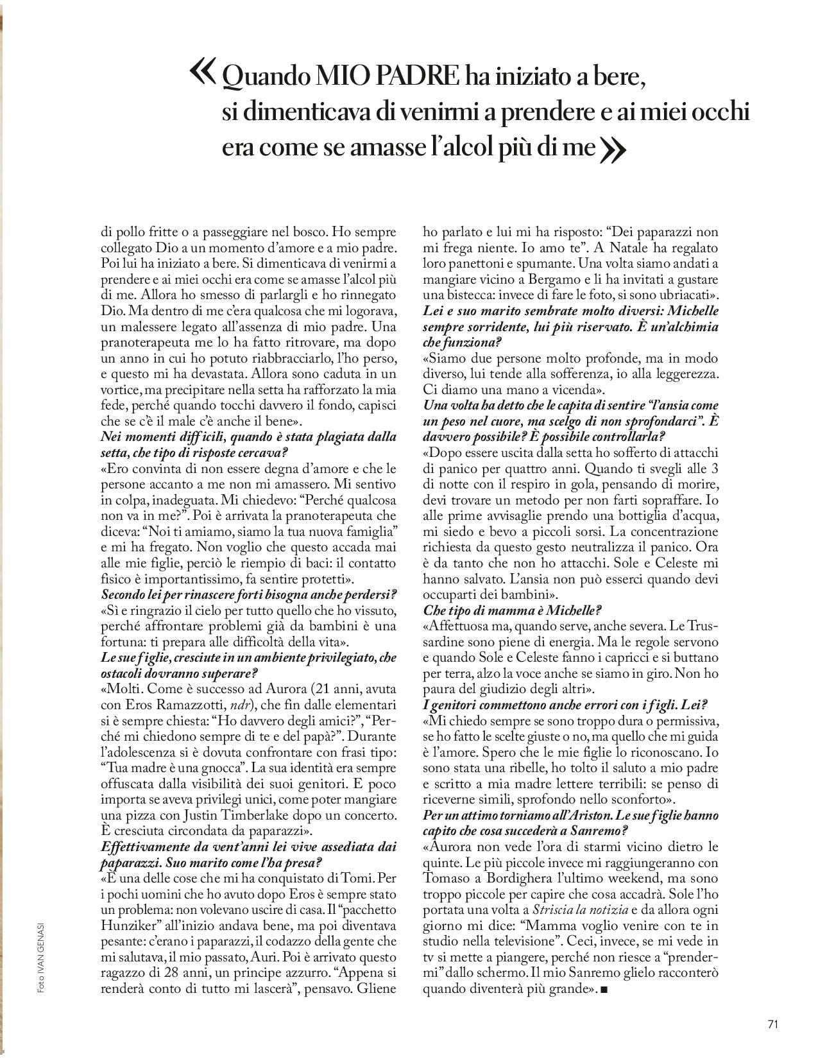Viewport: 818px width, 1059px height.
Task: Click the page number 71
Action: (x=772, y=1024)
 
